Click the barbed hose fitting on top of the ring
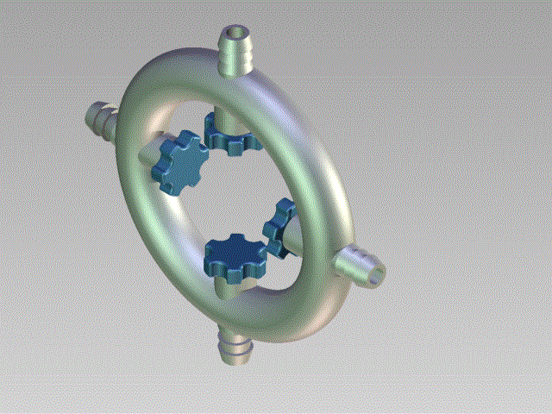(x=235, y=53)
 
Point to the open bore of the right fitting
(x=376, y=274)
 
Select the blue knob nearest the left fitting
(x=179, y=161)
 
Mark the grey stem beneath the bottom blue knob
(x=226, y=285)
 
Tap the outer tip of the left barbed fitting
(x=92, y=113)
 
